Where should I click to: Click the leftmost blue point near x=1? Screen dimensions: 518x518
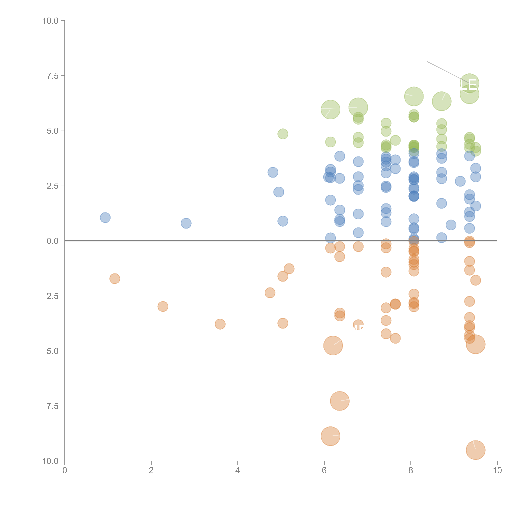[x=105, y=217]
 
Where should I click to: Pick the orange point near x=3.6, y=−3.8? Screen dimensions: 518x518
[x=220, y=324]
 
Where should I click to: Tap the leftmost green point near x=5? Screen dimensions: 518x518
[x=283, y=134]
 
